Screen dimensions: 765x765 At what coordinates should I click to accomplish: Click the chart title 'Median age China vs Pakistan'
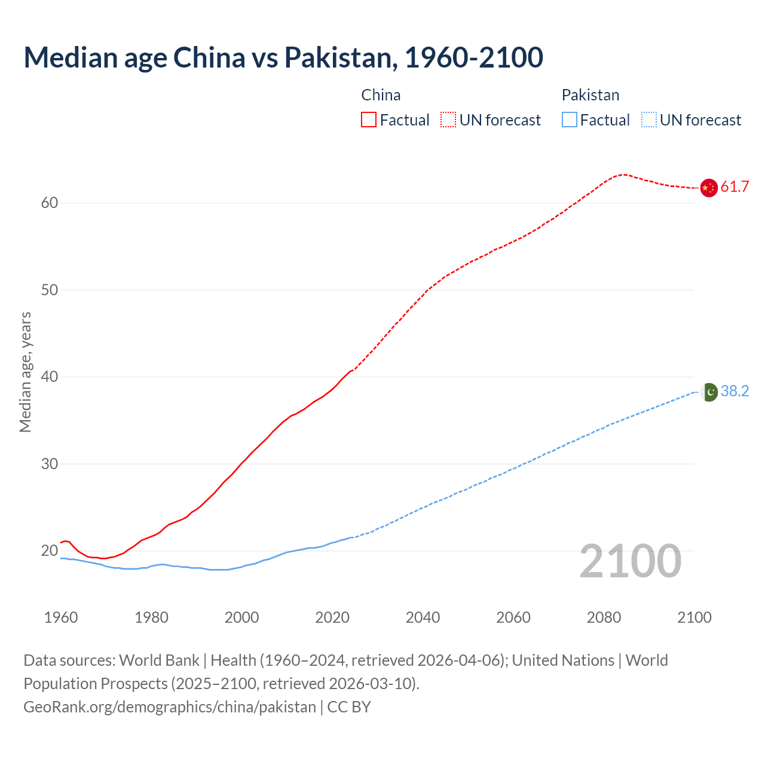click(x=283, y=57)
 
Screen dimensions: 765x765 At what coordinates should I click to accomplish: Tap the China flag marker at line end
click(x=708, y=188)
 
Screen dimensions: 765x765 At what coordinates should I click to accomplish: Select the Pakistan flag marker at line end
click(x=709, y=392)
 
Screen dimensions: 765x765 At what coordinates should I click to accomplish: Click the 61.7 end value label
click(x=735, y=187)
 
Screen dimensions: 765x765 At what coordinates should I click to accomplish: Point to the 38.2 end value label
click(x=735, y=391)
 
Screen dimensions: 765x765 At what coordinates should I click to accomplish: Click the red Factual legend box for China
click(x=369, y=120)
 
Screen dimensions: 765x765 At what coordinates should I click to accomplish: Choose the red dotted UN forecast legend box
click(x=448, y=120)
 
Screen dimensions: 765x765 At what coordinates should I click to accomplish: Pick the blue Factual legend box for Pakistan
click(x=569, y=120)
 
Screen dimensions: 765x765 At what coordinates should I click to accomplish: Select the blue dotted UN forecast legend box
click(x=648, y=120)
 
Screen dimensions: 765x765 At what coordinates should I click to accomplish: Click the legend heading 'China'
click(x=381, y=95)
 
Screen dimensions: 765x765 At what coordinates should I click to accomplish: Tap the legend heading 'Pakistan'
click(x=590, y=95)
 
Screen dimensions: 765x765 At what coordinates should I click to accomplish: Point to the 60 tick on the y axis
click(x=50, y=203)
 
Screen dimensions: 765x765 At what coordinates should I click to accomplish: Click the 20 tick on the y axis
click(x=50, y=551)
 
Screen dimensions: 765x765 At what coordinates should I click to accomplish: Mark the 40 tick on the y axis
click(x=50, y=377)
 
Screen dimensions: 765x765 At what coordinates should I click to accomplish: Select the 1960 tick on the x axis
click(x=61, y=617)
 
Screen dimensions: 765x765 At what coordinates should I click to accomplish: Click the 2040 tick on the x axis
click(x=423, y=617)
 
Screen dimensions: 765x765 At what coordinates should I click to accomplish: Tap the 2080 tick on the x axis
click(x=604, y=617)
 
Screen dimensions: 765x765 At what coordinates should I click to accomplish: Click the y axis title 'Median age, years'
click(x=25, y=372)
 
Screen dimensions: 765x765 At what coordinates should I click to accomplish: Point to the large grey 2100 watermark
click(x=630, y=561)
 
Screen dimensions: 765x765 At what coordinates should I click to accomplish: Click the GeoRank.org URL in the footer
click(x=169, y=707)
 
